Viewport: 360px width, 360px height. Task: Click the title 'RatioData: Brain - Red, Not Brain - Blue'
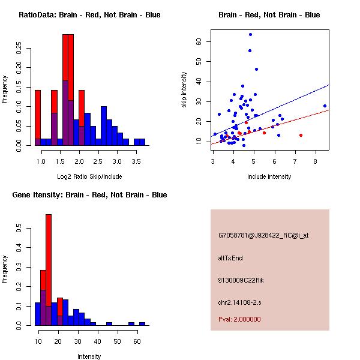89,15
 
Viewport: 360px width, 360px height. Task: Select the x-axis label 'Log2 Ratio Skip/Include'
89,176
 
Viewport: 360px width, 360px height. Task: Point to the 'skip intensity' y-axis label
185,90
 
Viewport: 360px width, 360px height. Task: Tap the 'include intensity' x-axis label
269,176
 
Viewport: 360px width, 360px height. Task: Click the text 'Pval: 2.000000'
239,319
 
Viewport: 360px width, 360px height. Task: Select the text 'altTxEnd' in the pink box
230,258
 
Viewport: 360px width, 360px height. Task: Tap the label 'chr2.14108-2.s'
239,301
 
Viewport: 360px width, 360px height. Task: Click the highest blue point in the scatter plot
250,34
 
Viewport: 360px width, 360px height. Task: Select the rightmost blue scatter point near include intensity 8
325,106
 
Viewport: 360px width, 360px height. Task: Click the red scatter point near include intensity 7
301,135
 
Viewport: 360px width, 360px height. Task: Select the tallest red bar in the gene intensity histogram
49,270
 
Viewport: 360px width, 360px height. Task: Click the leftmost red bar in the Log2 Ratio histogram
38,117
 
